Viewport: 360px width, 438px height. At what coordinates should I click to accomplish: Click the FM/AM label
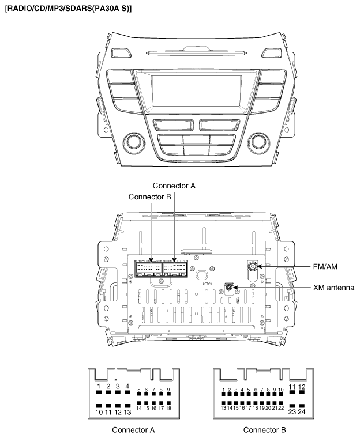[x=325, y=267]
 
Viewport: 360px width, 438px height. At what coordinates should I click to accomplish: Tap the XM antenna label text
[x=333, y=288]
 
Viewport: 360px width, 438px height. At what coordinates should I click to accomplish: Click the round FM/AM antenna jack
[x=253, y=266]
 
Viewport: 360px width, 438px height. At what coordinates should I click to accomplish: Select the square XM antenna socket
[x=230, y=287]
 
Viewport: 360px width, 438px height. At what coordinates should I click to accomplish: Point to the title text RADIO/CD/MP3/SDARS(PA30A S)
[x=68, y=9]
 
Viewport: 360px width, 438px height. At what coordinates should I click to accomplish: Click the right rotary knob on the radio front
[x=260, y=142]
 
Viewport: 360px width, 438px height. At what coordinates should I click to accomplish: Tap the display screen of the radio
[x=196, y=91]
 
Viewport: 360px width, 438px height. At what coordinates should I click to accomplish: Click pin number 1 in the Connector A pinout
[x=99, y=392]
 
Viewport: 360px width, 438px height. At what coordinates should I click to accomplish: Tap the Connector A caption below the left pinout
[x=133, y=430]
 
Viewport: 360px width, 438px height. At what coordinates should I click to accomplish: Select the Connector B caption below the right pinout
[x=264, y=430]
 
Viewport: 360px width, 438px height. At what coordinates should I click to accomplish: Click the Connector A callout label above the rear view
[x=174, y=186]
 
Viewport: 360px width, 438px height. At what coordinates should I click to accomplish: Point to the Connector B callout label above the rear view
[x=149, y=197]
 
